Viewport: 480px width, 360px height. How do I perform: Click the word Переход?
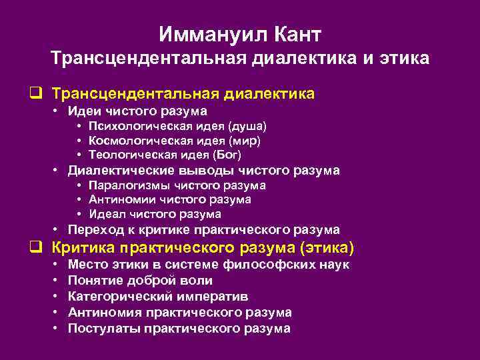tap(93, 230)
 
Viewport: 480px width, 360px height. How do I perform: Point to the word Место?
tap(85, 265)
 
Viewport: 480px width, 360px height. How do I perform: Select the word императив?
tap(212, 297)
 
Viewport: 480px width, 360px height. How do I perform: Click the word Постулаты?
tap(99, 328)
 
